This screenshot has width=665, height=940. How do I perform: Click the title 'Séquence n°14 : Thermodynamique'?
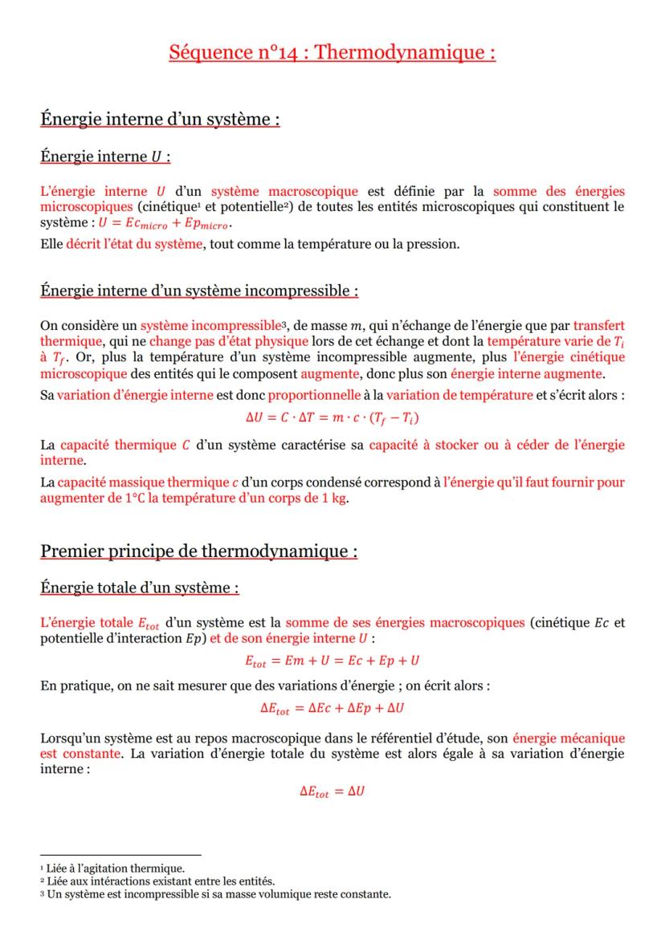pyautogui.click(x=332, y=53)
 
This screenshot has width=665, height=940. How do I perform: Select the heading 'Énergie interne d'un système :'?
pyautogui.click(x=160, y=119)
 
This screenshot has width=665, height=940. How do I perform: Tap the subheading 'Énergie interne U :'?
pyautogui.click(x=105, y=157)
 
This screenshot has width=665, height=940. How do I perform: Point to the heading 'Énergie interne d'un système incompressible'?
pyautogui.click(x=199, y=290)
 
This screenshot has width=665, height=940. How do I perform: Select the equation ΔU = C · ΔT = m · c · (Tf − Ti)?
pyautogui.click(x=332, y=418)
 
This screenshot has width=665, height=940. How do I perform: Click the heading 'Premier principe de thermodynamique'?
pyautogui.click(x=198, y=551)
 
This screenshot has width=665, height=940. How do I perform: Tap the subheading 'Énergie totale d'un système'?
pyautogui.click(x=140, y=588)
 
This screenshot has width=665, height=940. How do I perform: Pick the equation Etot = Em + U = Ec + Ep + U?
pyautogui.click(x=332, y=661)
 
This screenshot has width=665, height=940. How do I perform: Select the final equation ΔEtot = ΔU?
pyautogui.click(x=332, y=791)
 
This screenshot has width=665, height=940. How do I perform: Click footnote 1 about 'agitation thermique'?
pyautogui.click(x=116, y=868)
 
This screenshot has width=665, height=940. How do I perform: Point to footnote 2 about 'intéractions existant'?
pyautogui.click(x=161, y=881)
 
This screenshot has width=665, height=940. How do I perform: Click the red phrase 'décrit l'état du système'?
pyautogui.click(x=134, y=244)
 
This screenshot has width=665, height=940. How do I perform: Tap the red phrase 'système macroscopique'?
pyautogui.click(x=284, y=191)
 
